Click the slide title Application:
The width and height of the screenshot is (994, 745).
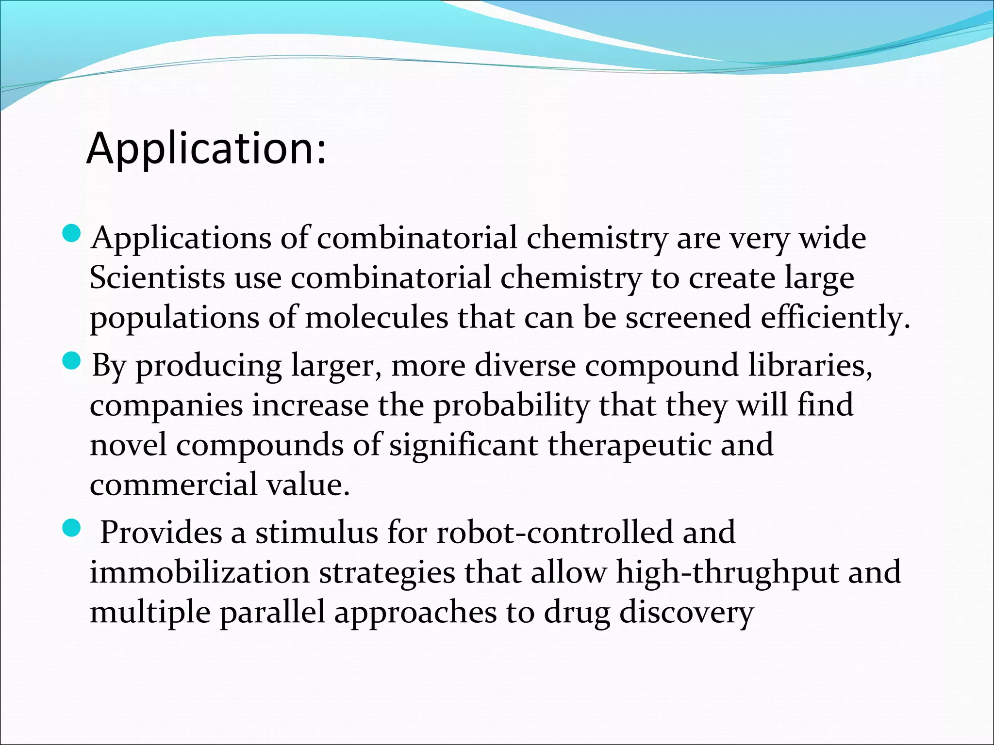tap(206, 148)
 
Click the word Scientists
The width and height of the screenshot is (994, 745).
tap(157, 278)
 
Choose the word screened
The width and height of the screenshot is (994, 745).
tap(688, 318)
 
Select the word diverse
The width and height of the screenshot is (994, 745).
tap(525, 365)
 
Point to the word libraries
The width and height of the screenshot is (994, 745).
tap(810, 365)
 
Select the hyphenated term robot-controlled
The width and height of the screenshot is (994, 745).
tap(555, 533)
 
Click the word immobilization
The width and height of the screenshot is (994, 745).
tap(199, 572)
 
